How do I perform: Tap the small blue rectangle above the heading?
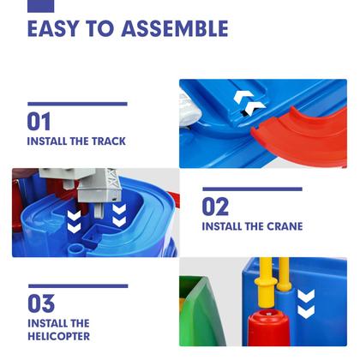click(x=40, y=5)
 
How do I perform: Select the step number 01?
click(x=39, y=121)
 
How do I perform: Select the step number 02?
click(x=216, y=207)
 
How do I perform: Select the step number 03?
click(x=41, y=303)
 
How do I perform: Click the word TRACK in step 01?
click(x=107, y=141)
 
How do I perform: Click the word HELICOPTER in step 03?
click(x=58, y=336)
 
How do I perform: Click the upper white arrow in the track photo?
click(x=243, y=97)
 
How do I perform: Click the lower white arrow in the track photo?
click(x=255, y=110)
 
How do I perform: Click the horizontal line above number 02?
click(x=252, y=189)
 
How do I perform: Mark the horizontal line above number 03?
click(x=77, y=285)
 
